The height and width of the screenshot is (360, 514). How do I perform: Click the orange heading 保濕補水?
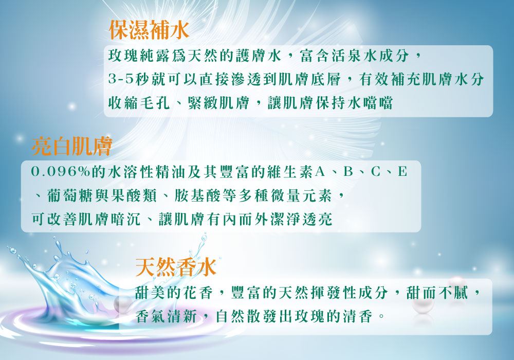149,30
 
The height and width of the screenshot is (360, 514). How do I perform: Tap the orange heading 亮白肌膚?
72,146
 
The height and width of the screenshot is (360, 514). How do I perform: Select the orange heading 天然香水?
176,267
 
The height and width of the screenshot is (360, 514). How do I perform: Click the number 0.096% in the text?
60,171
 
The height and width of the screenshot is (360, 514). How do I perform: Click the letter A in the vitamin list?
320,171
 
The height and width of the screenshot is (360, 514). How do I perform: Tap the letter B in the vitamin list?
348,171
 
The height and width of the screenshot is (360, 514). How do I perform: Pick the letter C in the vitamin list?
376,171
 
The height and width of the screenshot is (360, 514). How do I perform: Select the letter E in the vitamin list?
402,171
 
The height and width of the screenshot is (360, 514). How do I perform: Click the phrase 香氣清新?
166,316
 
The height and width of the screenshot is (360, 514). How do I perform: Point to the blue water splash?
76,285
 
